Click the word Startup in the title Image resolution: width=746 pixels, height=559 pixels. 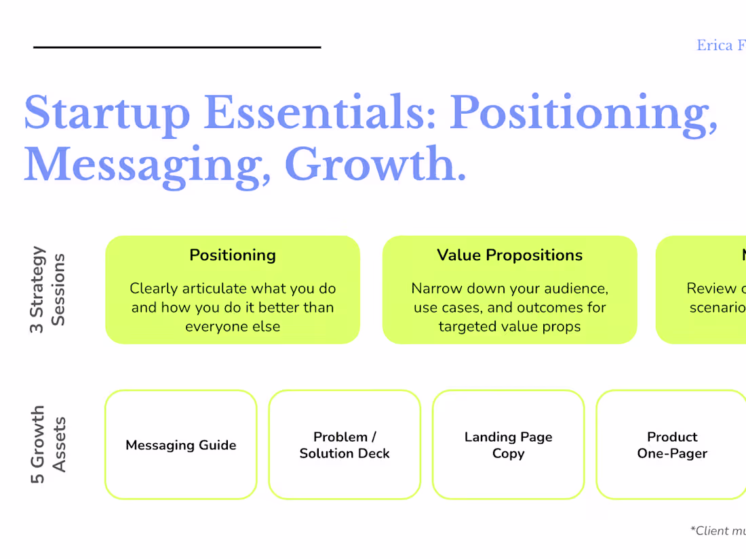(107, 112)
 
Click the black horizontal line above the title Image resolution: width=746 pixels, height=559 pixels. (177, 47)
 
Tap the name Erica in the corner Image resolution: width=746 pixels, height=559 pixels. (715, 46)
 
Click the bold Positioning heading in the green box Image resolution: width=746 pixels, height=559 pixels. (233, 255)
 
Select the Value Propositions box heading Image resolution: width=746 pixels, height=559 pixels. (509, 255)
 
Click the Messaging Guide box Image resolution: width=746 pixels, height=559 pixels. (181, 445)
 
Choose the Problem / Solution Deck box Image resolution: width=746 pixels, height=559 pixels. (345, 445)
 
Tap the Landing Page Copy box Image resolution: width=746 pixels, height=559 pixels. (508, 445)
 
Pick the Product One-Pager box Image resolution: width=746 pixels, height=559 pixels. (671, 445)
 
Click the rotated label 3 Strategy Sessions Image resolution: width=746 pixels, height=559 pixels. (47, 289)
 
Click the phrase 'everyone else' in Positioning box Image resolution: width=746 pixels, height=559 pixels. (233, 327)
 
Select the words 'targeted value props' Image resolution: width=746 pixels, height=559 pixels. (509, 327)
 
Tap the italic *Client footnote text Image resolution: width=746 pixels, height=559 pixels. (718, 531)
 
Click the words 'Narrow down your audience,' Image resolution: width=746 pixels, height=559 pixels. (509, 289)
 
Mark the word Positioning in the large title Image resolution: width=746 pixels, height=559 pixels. (584, 112)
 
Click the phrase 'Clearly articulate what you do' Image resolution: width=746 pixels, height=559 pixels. (233, 289)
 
